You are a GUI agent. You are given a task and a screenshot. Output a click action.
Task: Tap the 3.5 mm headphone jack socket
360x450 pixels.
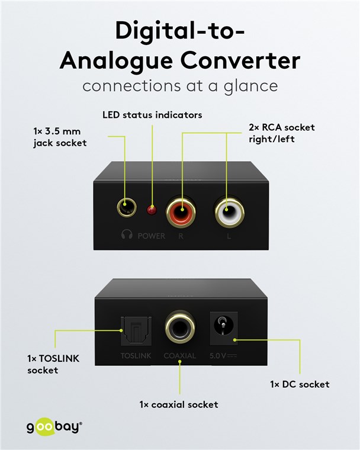(126, 208)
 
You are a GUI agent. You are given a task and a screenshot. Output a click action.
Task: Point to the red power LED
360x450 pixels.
(152, 210)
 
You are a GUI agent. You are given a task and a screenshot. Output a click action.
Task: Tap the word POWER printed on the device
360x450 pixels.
(152, 236)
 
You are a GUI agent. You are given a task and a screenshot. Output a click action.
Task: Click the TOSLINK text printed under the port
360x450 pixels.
(137, 356)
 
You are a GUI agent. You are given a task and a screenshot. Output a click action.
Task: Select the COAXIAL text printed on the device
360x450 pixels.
(179, 356)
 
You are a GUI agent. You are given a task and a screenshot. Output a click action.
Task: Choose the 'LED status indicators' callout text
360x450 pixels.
(152, 114)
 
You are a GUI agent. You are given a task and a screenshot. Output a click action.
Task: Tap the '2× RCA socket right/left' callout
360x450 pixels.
(281, 133)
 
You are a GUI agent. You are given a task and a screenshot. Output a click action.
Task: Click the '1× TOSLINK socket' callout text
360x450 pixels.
(53, 364)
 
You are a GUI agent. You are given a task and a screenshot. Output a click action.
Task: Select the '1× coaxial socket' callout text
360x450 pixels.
(179, 404)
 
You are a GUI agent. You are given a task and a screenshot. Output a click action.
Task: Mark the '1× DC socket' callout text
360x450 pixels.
(299, 384)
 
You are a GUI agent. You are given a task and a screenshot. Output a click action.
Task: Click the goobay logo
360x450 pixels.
(54, 426)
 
